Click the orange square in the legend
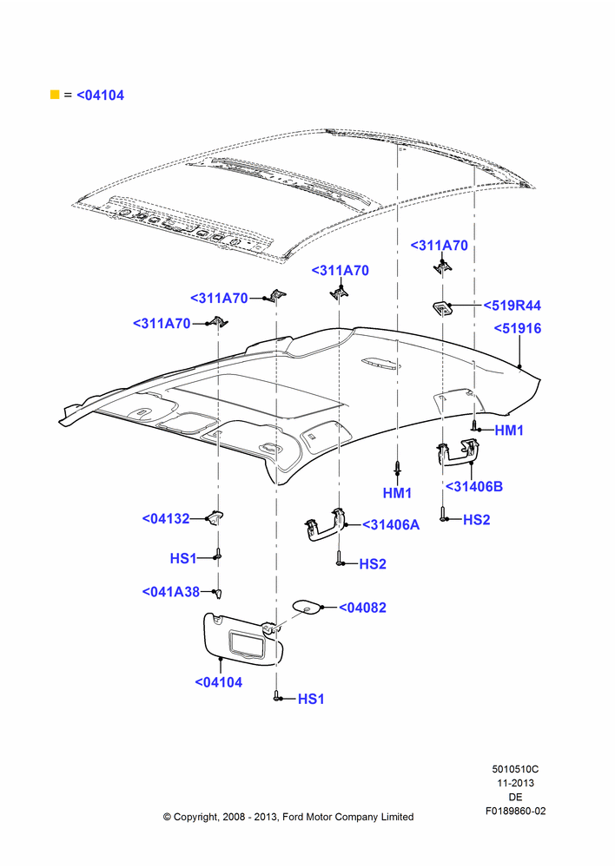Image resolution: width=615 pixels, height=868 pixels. pos(55,95)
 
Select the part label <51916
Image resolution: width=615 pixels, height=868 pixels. pos(518,328)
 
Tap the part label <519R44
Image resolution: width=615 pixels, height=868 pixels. pos(512,306)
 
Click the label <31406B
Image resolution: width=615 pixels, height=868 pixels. pos(474,487)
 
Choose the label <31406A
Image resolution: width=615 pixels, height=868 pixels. pos(391,525)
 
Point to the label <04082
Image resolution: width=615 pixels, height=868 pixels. pos(362,608)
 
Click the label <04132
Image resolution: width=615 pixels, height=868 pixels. pos(166,519)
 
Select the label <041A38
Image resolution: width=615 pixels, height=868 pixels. pos(170,592)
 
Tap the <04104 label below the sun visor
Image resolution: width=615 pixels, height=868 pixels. pos(218,682)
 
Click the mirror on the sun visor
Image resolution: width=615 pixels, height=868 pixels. pos(247,643)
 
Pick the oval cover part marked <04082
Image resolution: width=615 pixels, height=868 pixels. pos(306,606)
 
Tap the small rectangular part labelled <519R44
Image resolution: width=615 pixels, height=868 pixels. pos(442,306)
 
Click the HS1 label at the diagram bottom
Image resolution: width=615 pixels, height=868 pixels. pos(311,699)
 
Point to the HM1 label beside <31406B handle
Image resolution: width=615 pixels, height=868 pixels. pos(509,431)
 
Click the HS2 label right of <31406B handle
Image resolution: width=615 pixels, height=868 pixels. pos(477,520)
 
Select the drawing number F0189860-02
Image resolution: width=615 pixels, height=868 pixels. pos(515,811)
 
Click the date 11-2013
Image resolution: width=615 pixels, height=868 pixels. pos(515,783)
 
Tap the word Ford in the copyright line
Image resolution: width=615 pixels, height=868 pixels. pos(293,817)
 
